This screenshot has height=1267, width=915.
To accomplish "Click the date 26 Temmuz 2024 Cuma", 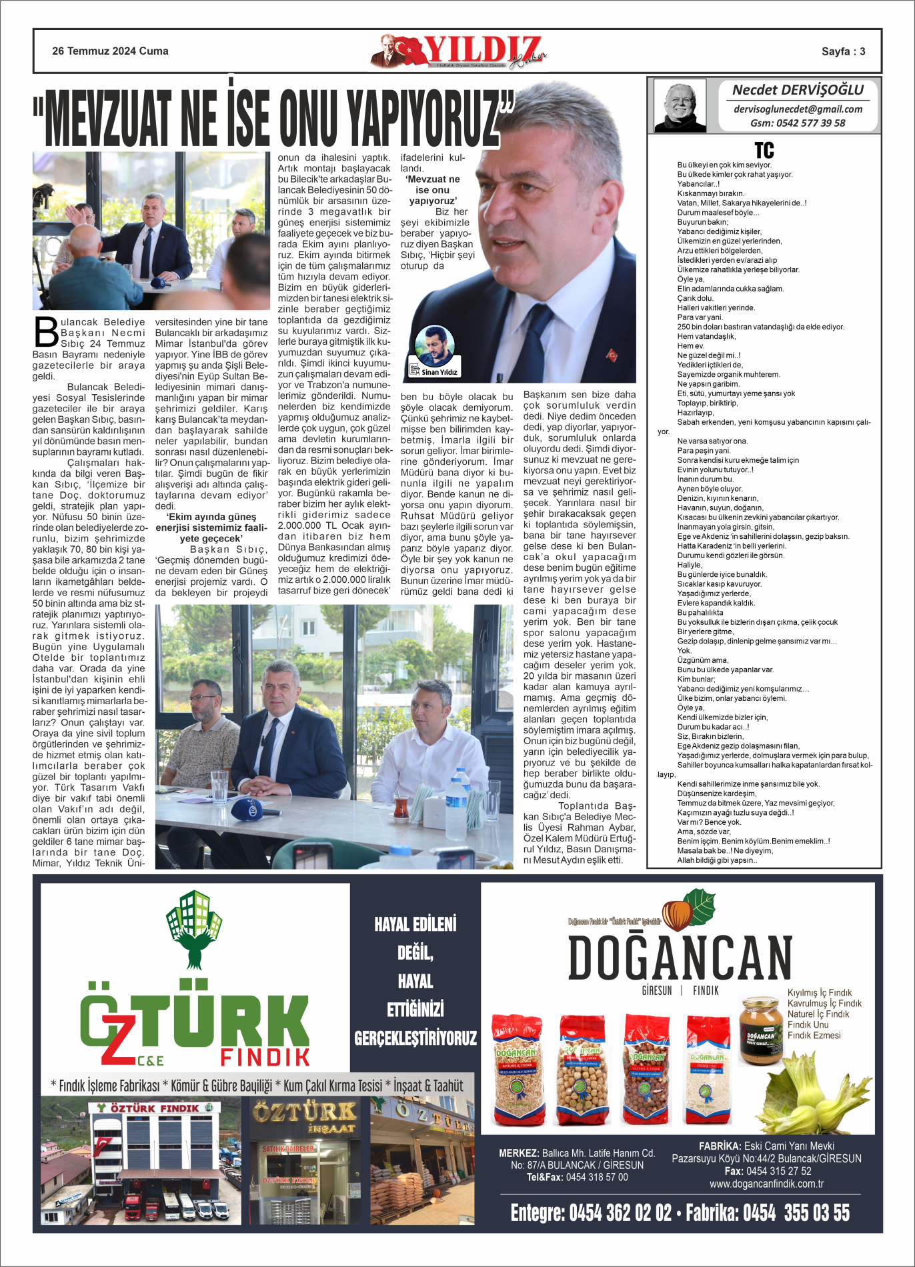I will pyautogui.click(x=110, y=51).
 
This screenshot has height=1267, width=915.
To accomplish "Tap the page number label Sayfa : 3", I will pyautogui.click(x=843, y=51).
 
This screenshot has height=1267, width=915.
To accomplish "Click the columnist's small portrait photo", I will pyautogui.click(x=680, y=105).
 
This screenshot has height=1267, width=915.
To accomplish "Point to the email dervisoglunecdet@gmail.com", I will pyautogui.click(x=798, y=109).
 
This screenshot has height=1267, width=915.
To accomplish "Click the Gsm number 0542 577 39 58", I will pyautogui.click(x=798, y=123).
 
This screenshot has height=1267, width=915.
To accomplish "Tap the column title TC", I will pyautogui.click(x=764, y=150).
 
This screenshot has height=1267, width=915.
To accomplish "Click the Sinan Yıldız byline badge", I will pyautogui.click(x=434, y=351).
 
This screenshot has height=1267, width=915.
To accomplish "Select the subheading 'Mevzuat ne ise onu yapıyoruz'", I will pyautogui.click(x=433, y=190).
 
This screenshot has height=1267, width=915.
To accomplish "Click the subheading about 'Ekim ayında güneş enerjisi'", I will pyautogui.click(x=211, y=527).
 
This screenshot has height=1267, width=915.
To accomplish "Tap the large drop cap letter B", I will pyautogui.click(x=46, y=331).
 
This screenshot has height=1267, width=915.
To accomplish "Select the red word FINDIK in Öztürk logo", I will pyautogui.click(x=265, y=1057).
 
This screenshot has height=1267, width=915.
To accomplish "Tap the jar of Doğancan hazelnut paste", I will pyautogui.click(x=760, y=1030).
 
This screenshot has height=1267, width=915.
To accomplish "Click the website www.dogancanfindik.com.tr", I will pyautogui.click(x=766, y=1184).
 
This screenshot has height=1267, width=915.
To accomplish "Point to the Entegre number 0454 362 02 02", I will pyautogui.click(x=591, y=1212).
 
